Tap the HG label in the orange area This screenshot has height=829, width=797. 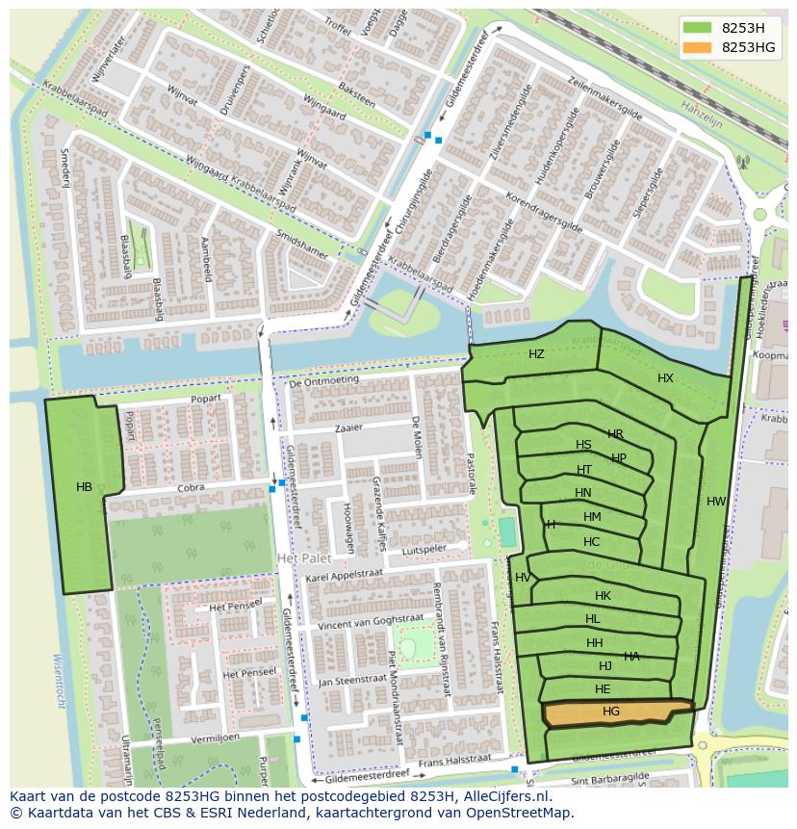coord(611,712)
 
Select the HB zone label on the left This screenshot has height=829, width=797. coord(84,487)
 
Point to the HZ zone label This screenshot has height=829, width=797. coord(536,354)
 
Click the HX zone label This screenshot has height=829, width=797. coord(665,378)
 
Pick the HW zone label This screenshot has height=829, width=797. coord(716,502)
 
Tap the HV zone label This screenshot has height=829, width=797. coord(523,578)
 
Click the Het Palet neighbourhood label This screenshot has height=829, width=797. coord(303,558)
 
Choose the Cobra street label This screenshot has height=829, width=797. coord(191,487)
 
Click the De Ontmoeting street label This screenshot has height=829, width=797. coord(323,379)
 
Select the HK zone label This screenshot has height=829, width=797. coord(603,596)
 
